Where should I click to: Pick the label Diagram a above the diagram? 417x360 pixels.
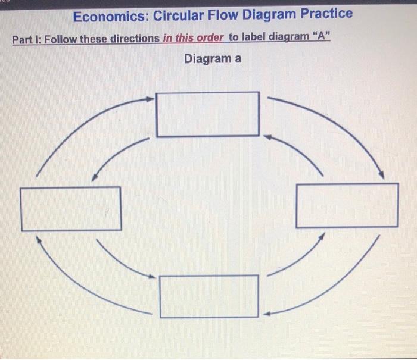point(213,59)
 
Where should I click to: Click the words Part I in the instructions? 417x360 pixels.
point(25,40)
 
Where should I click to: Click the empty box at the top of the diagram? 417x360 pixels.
point(208,114)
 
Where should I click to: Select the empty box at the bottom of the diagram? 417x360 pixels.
point(209,296)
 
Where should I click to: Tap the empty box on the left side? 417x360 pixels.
point(71,208)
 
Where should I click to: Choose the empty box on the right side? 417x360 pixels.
point(347,205)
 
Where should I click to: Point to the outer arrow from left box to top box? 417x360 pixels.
point(77,125)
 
